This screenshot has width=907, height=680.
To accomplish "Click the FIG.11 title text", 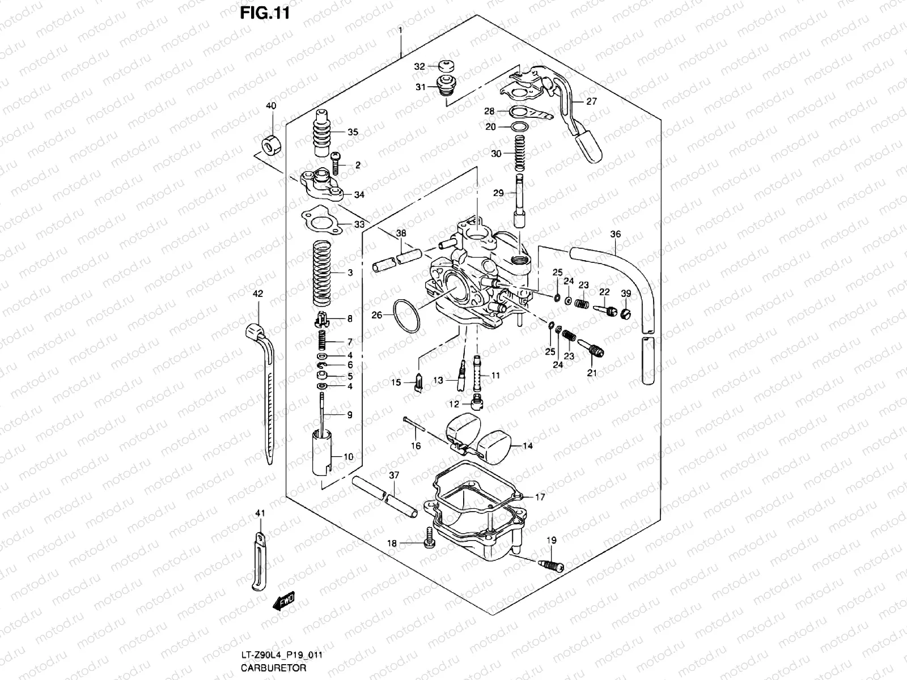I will (x=265, y=14).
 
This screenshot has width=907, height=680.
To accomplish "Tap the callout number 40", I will (x=271, y=107).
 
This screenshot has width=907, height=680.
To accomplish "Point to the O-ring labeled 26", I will (x=407, y=316).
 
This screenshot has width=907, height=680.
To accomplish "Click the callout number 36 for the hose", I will (x=615, y=234).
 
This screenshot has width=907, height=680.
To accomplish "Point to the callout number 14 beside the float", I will (x=527, y=446).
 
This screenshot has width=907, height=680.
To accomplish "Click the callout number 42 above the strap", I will (x=258, y=294).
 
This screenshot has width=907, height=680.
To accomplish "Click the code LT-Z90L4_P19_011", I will (x=281, y=655).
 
